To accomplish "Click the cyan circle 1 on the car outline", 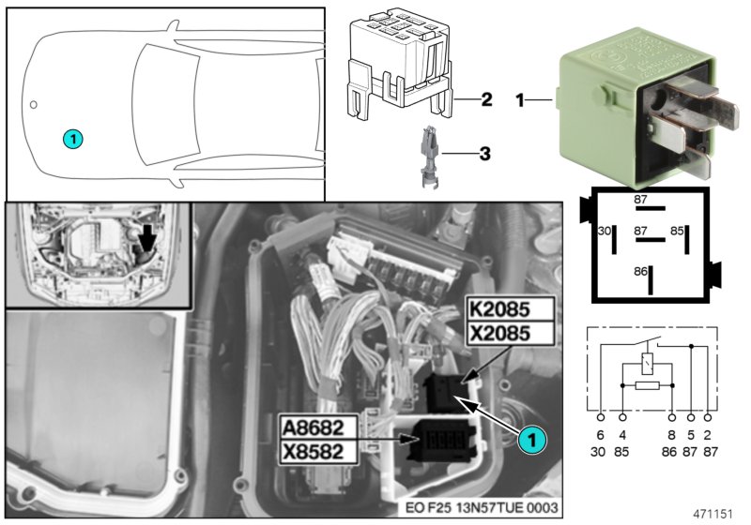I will [73, 139].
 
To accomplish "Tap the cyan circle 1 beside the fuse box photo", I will [530, 437].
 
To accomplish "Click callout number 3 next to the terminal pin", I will [484, 152].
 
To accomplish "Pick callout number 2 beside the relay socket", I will [484, 98].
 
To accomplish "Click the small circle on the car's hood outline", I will [33, 104].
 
